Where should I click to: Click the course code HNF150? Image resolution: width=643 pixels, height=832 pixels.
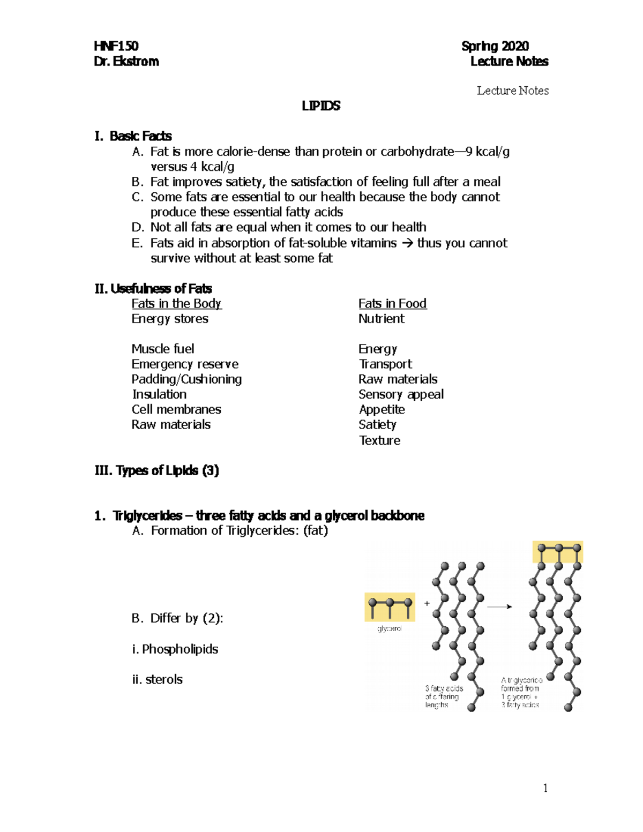[116, 46]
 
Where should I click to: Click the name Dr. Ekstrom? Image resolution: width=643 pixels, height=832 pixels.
[126, 62]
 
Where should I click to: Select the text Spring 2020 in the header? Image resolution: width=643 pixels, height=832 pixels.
[495, 46]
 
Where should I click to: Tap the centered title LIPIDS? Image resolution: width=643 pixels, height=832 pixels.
[321, 106]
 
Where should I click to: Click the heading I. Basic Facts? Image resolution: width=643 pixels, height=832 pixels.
[133, 136]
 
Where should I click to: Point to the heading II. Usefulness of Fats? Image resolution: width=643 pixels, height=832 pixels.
[153, 289]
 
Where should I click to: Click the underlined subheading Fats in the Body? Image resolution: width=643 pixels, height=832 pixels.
[176, 304]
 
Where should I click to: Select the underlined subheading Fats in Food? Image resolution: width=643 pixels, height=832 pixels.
[392, 304]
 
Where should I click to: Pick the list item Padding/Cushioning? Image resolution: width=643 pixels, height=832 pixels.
[186, 379]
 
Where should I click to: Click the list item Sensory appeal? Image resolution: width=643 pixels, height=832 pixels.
[401, 394]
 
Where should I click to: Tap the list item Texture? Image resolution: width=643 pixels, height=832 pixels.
[379, 440]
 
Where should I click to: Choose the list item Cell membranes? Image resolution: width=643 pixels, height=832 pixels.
[176, 409]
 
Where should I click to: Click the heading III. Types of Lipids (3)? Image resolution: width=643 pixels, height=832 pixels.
[156, 470]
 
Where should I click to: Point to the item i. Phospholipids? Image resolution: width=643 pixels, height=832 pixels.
[175, 649]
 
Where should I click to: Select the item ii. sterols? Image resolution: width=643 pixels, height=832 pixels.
[157, 679]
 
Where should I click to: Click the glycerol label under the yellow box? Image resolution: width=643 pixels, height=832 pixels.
[390, 628]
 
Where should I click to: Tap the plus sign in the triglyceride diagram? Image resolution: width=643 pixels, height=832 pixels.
[427, 603]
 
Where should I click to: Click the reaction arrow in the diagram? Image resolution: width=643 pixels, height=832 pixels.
[499, 606]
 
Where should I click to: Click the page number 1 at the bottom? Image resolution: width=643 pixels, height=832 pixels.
[545, 788]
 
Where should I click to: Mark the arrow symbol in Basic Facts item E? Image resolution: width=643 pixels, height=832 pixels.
[407, 243]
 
